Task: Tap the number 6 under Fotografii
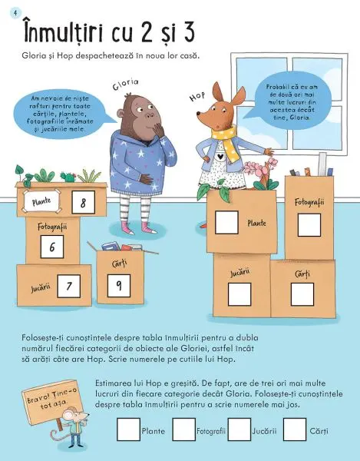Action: pos(52,247)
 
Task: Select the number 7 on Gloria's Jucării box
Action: pos(68,287)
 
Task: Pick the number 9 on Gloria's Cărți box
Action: pos(119,285)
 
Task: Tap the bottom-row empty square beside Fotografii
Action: pos(183,430)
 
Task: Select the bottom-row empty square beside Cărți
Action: pos(294,430)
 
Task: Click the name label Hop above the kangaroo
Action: pos(196,98)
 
